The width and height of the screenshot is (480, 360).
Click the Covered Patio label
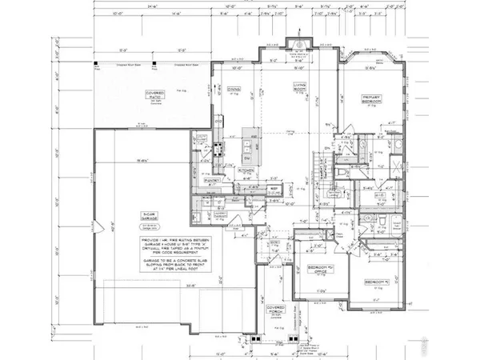click(x=154, y=94)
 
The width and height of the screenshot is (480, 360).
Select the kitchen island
click(x=249, y=148)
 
